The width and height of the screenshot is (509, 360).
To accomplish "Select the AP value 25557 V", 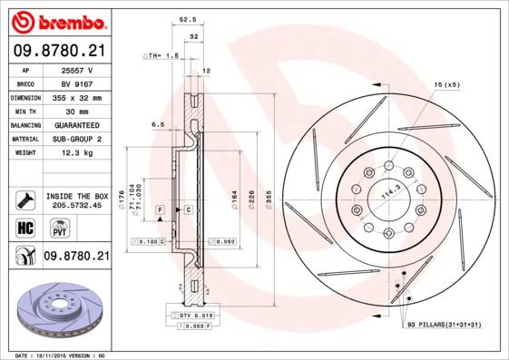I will coord(76,68).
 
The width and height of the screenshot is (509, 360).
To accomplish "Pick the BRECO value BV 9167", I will coord(76,83).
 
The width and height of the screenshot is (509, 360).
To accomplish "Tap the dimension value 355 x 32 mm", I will coord(76,96).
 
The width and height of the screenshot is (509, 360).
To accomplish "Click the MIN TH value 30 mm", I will coord(76,111).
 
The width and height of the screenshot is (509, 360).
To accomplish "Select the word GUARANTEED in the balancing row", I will coord(76,124).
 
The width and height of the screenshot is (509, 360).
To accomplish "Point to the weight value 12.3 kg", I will coord(76,153).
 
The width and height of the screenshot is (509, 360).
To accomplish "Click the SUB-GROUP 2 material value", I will coord(76,139).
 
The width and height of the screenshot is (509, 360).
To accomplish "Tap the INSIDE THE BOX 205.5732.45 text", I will coord(77,200).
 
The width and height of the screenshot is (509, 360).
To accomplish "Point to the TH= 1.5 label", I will coord(162,55).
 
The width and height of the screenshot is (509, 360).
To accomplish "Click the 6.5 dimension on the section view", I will coord(157,124).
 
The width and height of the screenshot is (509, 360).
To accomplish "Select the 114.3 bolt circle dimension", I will coord(390,193).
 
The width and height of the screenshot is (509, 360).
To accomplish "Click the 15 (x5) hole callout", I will coord(446,84).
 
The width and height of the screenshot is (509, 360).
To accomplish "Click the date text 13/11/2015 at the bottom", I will coord(61,355).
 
